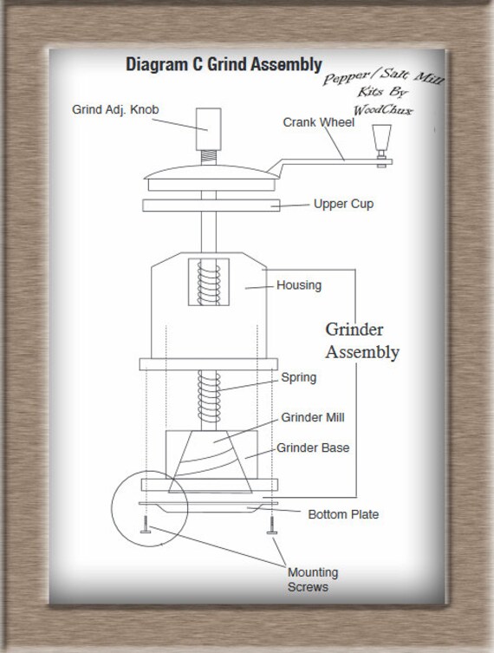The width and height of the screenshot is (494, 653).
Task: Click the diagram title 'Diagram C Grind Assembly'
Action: [x=224, y=64]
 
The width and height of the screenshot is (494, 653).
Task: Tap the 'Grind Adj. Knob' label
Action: [x=115, y=109]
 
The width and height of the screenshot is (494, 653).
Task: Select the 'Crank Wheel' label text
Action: [x=318, y=122]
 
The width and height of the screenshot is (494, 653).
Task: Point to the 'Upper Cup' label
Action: [x=344, y=204]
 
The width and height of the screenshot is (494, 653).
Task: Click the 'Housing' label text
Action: [x=299, y=285]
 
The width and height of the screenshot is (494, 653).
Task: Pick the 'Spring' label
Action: [x=299, y=378]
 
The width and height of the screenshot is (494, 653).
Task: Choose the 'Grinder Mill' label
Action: [x=313, y=417]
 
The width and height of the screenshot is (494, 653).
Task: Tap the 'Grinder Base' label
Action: [x=313, y=447]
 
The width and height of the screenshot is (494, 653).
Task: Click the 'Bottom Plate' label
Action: [x=343, y=514]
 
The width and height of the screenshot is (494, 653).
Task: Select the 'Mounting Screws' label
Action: [x=313, y=579]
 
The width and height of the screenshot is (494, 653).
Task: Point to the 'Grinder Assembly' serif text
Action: [x=362, y=341]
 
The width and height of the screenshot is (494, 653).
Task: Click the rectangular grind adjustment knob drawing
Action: [x=209, y=129]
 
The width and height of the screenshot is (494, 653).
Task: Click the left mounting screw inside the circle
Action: [x=146, y=525]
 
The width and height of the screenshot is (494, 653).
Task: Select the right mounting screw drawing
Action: [x=272, y=526]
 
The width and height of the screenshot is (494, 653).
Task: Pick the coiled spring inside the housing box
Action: [x=209, y=283]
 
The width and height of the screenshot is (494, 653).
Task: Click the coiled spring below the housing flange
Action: [x=209, y=396]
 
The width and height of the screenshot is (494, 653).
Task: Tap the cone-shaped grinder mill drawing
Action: [x=211, y=462]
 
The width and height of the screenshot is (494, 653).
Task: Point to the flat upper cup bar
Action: [x=211, y=206]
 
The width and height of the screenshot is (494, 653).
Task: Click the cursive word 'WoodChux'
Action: [x=383, y=110]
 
